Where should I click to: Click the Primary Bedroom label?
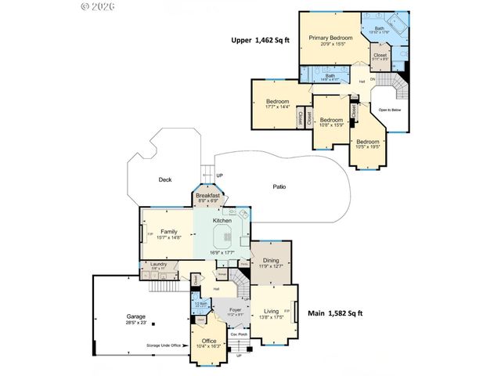click(x=328, y=38)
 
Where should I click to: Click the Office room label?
click(x=209, y=341)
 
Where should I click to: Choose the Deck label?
click(x=164, y=179)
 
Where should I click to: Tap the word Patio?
click(x=279, y=186)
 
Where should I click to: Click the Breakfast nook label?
click(x=207, y=196)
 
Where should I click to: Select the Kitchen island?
click(x=222, y=235)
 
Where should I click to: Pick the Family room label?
click(x=169, y=232)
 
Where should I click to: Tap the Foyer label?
click(x=235, y=310)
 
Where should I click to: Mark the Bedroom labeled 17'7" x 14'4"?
click(x=277, y=102)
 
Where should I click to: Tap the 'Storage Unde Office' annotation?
click(x=164, y=345)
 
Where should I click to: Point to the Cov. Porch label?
click(x=238, y=334)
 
